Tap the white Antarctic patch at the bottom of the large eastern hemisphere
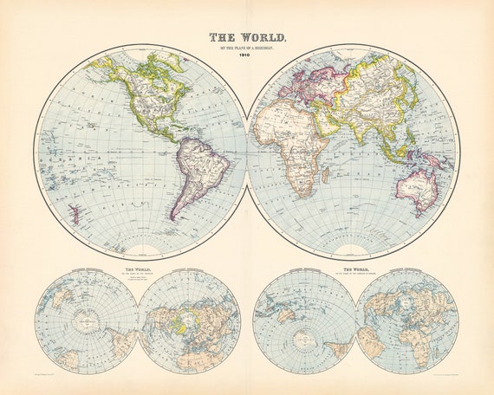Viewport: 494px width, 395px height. [352, 250]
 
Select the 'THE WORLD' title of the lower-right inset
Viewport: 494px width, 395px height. [354, 271]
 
